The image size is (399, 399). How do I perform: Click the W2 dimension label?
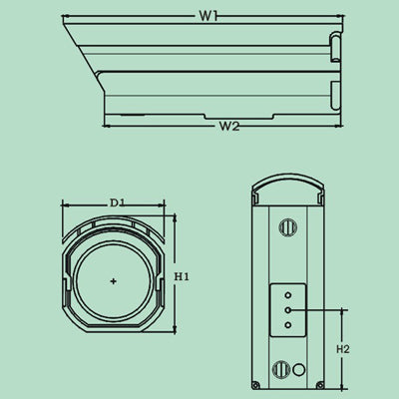[x=228, y=127]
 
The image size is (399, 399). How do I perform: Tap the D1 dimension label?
[x=117, y=203]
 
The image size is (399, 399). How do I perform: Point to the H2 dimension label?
[x=342, y=349]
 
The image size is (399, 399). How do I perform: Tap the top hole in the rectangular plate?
[x=287, y=294]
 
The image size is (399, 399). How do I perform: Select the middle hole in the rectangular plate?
[x=287, y=310]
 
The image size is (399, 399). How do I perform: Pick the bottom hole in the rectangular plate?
[x=287, y=325]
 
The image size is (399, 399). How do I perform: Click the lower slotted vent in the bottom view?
[x=284, y=369]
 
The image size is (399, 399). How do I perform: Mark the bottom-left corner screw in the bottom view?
[x=256, y=385]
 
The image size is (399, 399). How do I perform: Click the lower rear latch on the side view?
[x=334, y=95]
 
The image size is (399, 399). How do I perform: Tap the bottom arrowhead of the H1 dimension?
[x=175, y=333]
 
